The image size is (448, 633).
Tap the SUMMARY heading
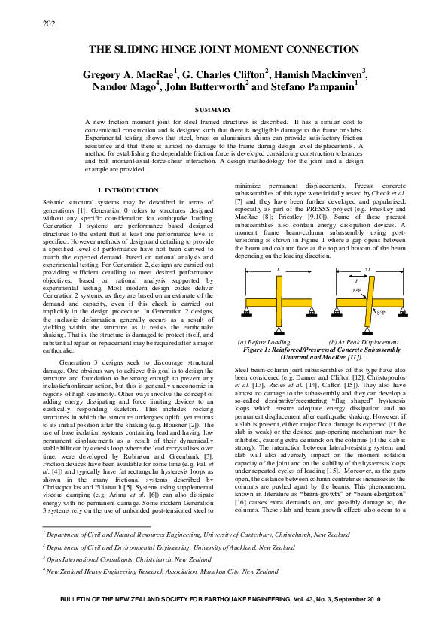[x=224, y=110]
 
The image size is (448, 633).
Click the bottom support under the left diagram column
[x=279, y=333]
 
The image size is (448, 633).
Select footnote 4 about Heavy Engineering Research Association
[x=160, y=571]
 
